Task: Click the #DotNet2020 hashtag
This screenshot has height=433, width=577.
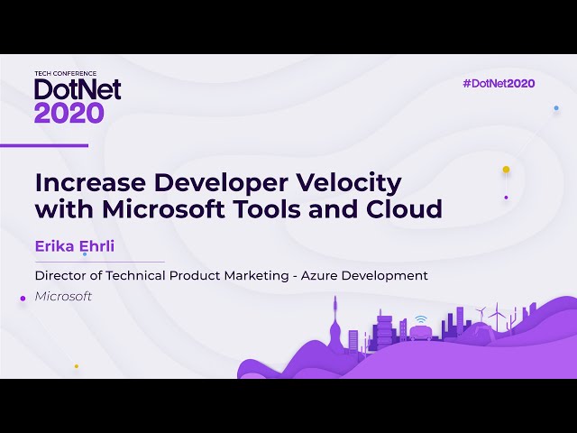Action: coord(499,83)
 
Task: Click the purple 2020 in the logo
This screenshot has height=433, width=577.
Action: coord(69,112)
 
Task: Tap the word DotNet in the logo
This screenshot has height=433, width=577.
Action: coord(78,88)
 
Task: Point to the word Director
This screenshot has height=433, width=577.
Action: coord(61,275)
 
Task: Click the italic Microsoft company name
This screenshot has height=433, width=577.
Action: coord(63,296)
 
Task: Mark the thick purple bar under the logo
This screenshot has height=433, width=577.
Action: coord(44,145)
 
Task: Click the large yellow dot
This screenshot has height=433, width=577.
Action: coord(506,170)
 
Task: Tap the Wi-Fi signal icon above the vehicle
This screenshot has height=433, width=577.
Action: coord(421,319)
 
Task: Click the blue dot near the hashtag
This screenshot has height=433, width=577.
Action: coord(556,107)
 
